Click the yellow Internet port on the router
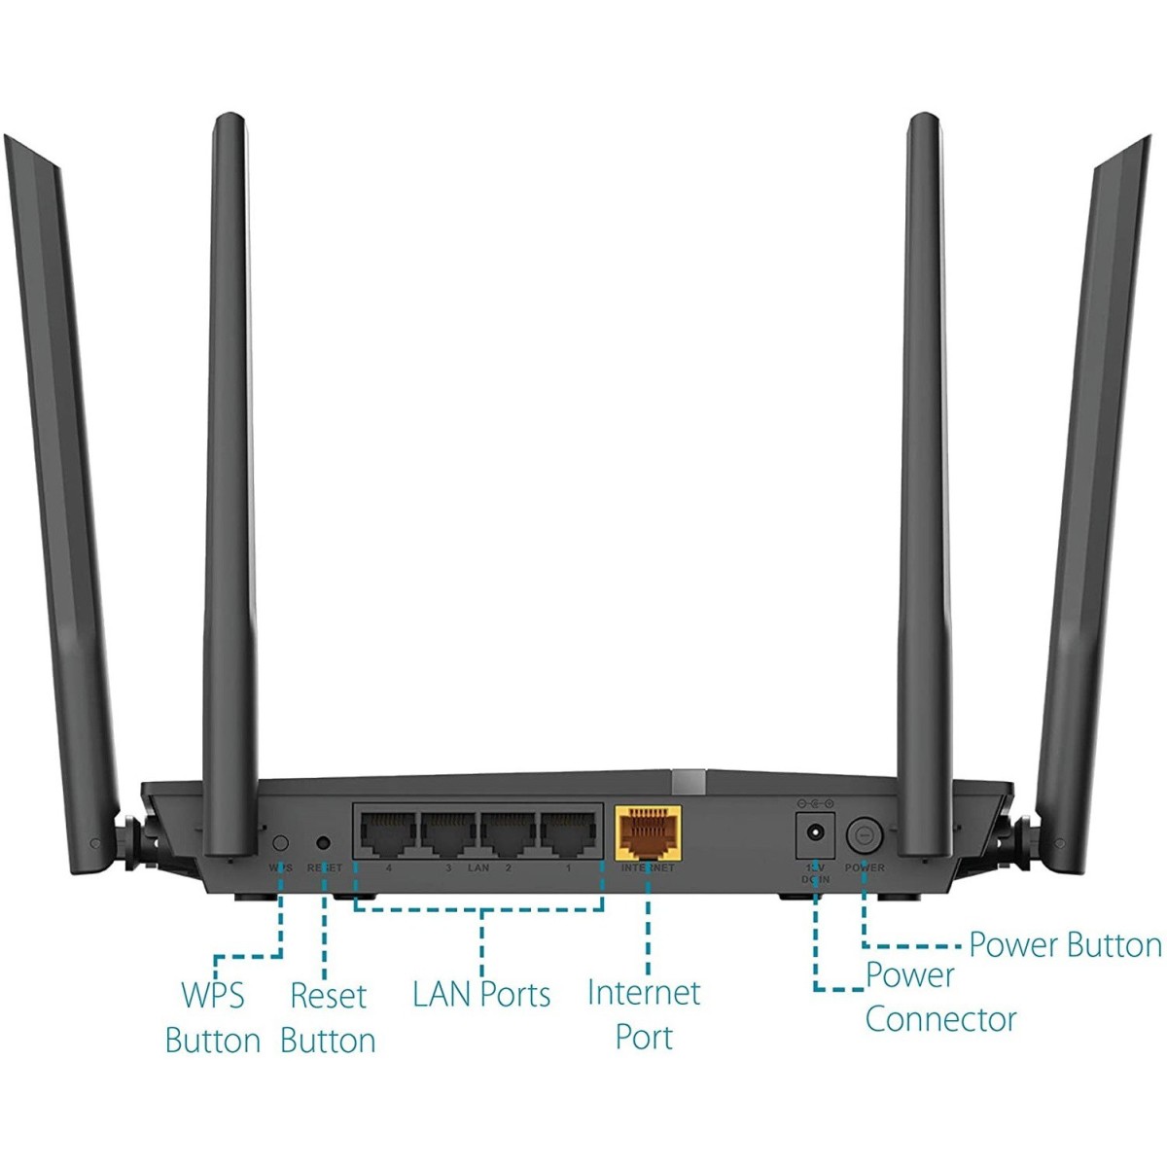pos(648,832)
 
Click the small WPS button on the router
pos(281,842)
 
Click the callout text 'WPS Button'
pos(213,1017)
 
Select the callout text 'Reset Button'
pos(328,1017)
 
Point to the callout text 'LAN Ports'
pos(481,994)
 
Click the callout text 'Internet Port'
pos(644,1014)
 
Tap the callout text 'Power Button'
pos(1065,944)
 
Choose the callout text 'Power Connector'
pos(939,997)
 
